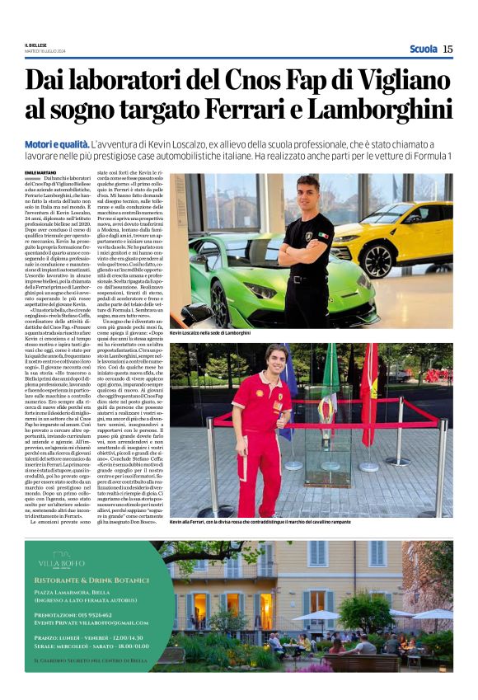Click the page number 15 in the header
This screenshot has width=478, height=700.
point(448,49)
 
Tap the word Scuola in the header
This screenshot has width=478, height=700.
point(423,49)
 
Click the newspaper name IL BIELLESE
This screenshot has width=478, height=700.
point(36,45)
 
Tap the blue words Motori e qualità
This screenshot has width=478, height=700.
point(57,143)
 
